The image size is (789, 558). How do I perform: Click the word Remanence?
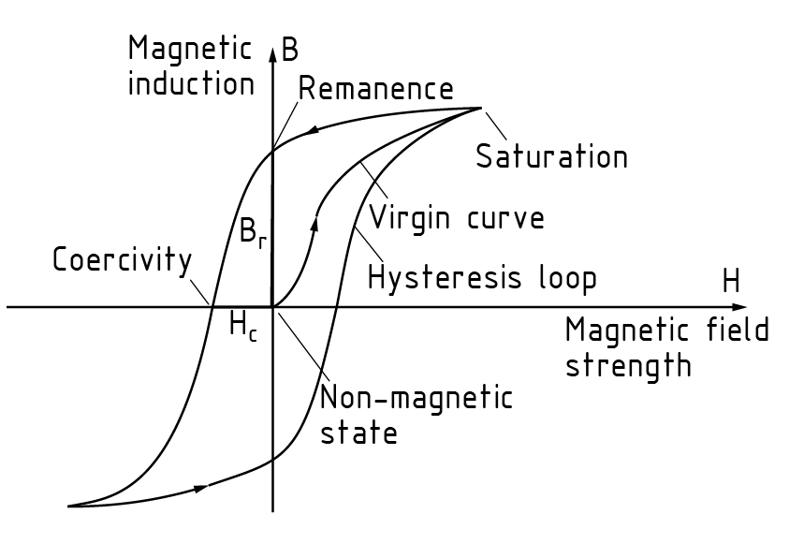(x=375, y=90)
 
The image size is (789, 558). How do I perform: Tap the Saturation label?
(x=551, y=155)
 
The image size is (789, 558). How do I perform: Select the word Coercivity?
(x=122, y=259)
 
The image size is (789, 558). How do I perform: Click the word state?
(x=358, y=433)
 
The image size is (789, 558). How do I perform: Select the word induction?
(x=191, y=83)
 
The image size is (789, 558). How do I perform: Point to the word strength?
(x=628, y=364)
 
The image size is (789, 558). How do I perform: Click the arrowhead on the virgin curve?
(x=316, y=219)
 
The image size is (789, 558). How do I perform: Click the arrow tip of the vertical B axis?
(x=272, y=47)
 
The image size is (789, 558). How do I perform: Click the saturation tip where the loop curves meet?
(x=480, y=108)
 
